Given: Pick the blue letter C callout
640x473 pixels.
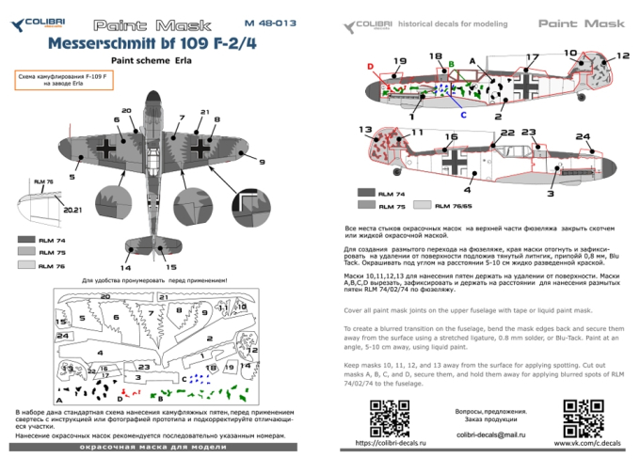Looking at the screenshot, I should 462,113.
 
